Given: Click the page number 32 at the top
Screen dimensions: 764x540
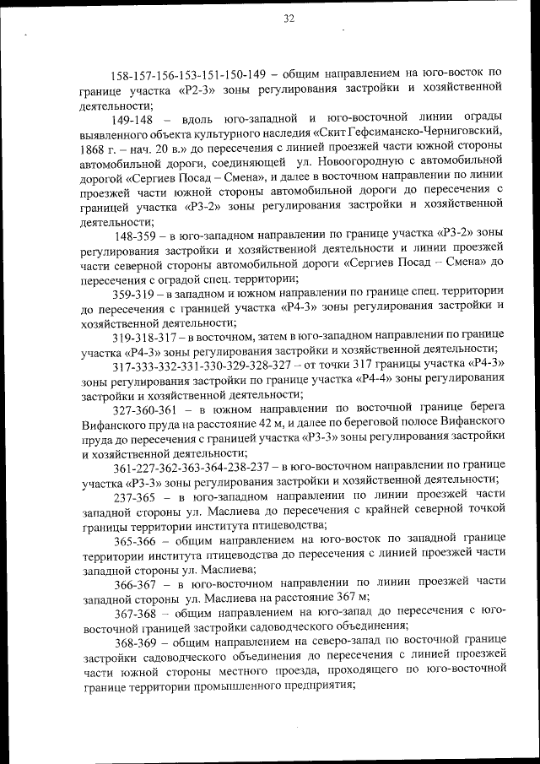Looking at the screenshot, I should click(289, 19).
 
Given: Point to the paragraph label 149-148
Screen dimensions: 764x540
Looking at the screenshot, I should click(132, 116).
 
